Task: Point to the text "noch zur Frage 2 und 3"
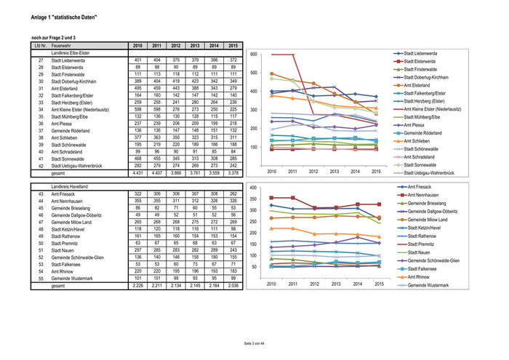point(54,37)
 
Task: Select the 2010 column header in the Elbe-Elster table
point(137,45)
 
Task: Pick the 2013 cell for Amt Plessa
point(194,124)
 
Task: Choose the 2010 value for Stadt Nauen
point(137,249)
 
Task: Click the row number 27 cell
point(41,60)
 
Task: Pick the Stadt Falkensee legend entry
point(429,268)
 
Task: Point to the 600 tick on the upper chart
point(253,55)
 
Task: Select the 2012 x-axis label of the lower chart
point(314,284)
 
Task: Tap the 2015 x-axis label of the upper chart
point(375,172)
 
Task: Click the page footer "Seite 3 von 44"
point(254,343)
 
